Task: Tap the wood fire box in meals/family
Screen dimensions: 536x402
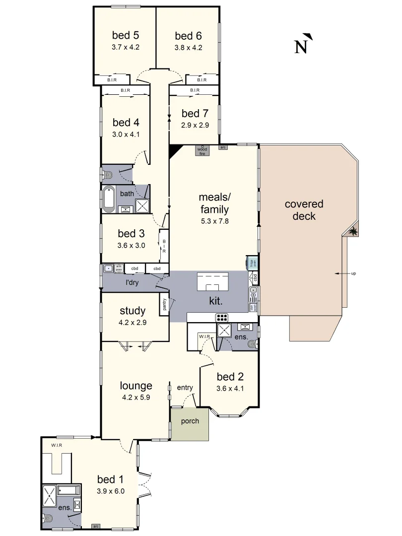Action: (x=202, y=150)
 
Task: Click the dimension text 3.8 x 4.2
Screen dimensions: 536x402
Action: (x=188, y=48)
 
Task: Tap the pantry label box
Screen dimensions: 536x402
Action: (x=164, y=304)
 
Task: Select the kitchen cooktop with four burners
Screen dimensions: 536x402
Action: (x=221, y=318)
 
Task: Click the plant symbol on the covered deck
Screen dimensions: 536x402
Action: (x=353, y=231)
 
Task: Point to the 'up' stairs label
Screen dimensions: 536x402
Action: (x=353, y=273)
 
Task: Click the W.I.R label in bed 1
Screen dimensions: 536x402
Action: (x=56, y=445)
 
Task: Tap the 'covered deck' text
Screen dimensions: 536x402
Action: (x=304, y=210)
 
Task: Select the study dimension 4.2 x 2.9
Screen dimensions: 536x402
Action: (x=133, y=322)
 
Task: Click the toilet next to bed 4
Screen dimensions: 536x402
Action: (x=107, y=174)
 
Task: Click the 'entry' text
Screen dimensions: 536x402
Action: (x=185, y=388)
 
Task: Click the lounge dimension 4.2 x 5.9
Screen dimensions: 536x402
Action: (x=135, y=397)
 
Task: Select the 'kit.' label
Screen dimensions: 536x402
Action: (x=215, y=301)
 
